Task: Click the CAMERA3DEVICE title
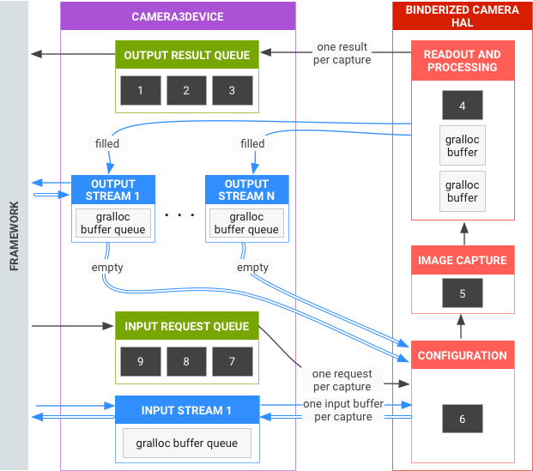coord(178,16)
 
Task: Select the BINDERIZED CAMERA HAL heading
coord(462,17)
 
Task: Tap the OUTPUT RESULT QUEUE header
coord(186,55)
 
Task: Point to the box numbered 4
coord(462,106)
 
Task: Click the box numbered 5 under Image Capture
coord(462,293)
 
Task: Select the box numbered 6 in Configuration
coord(462,418)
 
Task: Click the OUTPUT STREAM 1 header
coord(113,190)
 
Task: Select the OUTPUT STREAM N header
coord(246,190)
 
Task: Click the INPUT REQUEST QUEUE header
coord(186,326)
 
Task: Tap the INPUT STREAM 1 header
coord(186,410)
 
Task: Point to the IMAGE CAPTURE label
coord(462,260)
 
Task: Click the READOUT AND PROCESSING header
coord(462,61)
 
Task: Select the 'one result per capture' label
coord(341,53)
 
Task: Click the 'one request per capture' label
coord(342,380)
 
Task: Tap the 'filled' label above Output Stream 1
coord(107,143)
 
